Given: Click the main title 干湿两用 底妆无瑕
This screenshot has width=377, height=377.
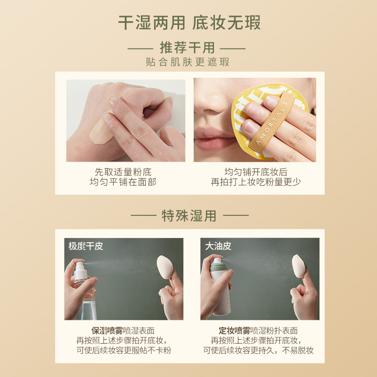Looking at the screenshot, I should coord(188,22).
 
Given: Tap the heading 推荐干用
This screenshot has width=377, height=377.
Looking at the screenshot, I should coord(187,48).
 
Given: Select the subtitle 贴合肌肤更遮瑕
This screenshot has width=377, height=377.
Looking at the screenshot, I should coord(188,62).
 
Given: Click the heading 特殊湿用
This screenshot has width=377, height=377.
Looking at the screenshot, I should coord(189,216).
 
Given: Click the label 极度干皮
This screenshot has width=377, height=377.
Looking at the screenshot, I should coord(85,246).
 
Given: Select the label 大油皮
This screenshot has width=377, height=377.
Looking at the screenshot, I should coord(218,246).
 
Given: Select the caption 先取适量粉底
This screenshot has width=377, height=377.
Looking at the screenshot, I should coord(123,172).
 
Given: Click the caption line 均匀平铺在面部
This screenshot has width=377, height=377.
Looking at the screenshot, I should coord(123,182).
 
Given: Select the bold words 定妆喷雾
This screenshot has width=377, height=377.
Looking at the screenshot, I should coord(234,330).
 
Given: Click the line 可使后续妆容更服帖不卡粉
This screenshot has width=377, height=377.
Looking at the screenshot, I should coord(123,350).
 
